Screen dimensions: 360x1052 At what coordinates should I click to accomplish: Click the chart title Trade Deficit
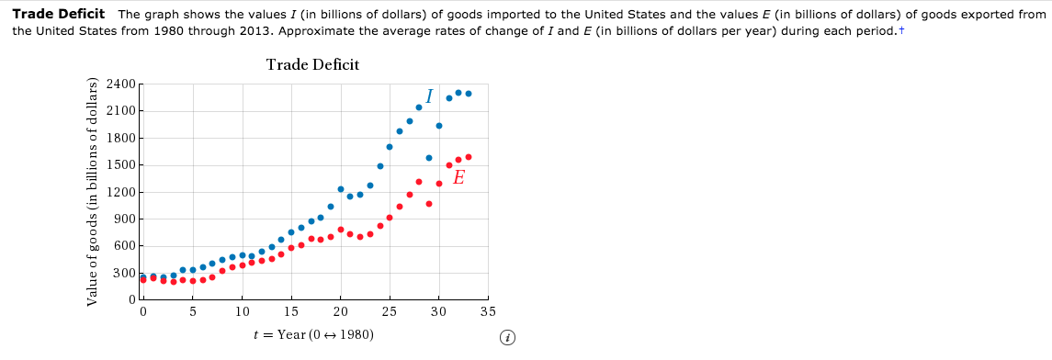click(312, 64)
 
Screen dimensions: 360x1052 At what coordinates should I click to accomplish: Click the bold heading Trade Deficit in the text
click(58, 15)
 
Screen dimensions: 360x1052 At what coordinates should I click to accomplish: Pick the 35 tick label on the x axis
click(488, 312)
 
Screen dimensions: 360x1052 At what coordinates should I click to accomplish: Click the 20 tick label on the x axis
click(340, 312)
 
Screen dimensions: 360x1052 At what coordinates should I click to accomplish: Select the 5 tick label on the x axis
click(192, 312)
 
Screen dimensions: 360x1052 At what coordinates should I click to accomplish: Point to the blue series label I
click(429, 96)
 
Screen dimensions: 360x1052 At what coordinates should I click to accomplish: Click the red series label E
click(458, 177)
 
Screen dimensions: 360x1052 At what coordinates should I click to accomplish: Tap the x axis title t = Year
click(312, 334)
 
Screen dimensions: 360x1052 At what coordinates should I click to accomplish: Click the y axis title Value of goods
click(92, 190)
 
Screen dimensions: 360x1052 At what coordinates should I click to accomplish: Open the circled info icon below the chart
click(506, 338)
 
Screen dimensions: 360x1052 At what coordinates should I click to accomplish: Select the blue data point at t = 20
click(340, 189)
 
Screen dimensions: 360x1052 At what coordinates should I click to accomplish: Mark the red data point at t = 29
click(429, 204)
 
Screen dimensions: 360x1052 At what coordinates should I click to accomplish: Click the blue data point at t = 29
click(429, 158)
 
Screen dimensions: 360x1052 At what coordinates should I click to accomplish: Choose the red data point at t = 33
click(469, 157)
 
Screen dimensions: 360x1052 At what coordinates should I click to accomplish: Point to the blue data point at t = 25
click(390, 147)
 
